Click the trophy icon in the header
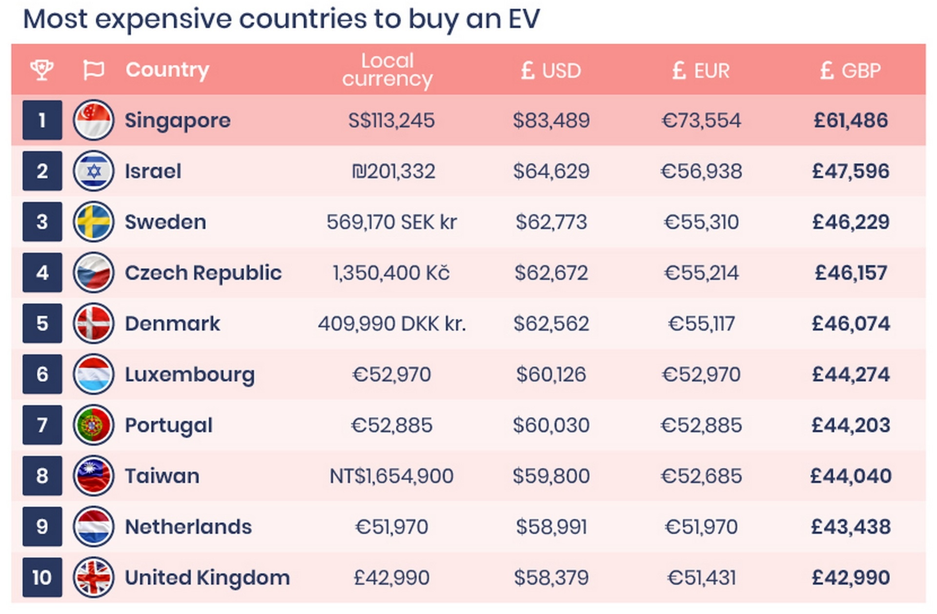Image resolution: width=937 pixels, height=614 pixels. click(x=42, y=70)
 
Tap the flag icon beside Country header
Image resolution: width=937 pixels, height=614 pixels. click(x=93, y=70)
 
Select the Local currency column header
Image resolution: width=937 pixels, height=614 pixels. click(x=387, y=70)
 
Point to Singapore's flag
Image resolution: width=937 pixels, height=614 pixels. click(x=93, y=120)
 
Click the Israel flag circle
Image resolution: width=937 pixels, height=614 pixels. click(x=93, y=171)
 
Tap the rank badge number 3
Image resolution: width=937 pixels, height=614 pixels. click(x=42, y=222)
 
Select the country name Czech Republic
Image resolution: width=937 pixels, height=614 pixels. click(x=203, y=272)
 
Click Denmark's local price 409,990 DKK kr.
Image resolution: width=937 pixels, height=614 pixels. click(x=392, y=323)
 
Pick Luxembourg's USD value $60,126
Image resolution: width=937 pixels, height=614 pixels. click(x=551, y=374)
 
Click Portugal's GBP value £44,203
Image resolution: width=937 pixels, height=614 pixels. click(x=851, y=425)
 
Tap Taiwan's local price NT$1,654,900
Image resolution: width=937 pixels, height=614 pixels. click(x=391, y=476)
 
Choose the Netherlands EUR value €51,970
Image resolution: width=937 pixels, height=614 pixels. click(x=701, y=527)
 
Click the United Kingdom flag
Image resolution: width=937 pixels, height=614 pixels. click(x=93, y=577)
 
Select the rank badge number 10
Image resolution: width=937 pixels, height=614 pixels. click(x=42, y=577)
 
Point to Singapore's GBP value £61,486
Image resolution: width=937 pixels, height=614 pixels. click(x=851, y=120)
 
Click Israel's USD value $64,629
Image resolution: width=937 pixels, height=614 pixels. click(x=551, y=171)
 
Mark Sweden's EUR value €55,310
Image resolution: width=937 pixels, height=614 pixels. click(x=701, y=222)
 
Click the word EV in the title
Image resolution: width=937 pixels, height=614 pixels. click(x=524, y=19)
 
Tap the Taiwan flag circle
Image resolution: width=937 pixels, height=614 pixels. click(x=93, y=476)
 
